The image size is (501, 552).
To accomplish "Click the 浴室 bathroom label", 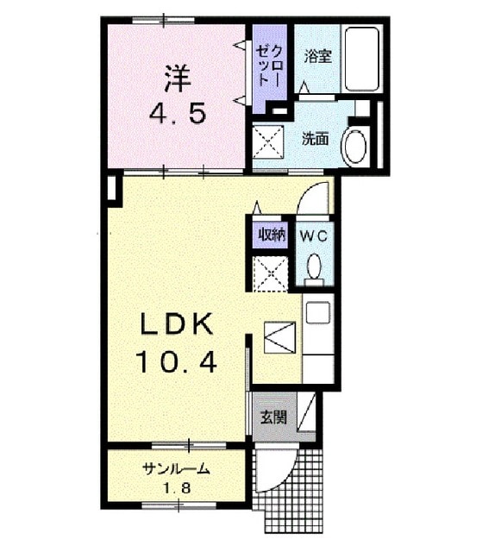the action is point(318,56).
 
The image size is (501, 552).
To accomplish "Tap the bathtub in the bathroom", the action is point(362,60).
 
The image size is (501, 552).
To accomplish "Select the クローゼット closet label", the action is point(270,66).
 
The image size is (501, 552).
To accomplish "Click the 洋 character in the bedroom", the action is point(177,79).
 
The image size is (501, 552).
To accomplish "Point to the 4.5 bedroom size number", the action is point(178,114).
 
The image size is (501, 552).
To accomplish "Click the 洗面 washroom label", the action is point(316,139).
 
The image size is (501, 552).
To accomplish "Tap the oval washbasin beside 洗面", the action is point(355,147).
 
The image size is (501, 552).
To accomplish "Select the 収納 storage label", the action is point(272,235).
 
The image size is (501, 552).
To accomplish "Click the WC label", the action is point(313,236).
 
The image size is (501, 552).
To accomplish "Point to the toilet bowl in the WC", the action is point(314,268).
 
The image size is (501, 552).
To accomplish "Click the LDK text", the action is point(177,324).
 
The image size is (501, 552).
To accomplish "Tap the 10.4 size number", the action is point(176,363).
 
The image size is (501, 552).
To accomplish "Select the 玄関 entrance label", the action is point(273,417).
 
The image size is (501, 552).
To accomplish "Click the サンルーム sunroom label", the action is point(176,468).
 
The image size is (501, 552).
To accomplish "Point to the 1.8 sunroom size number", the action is point(177,489).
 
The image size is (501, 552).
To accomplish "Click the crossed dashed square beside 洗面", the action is point(268,142).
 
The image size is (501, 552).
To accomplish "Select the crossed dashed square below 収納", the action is point(271,273).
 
